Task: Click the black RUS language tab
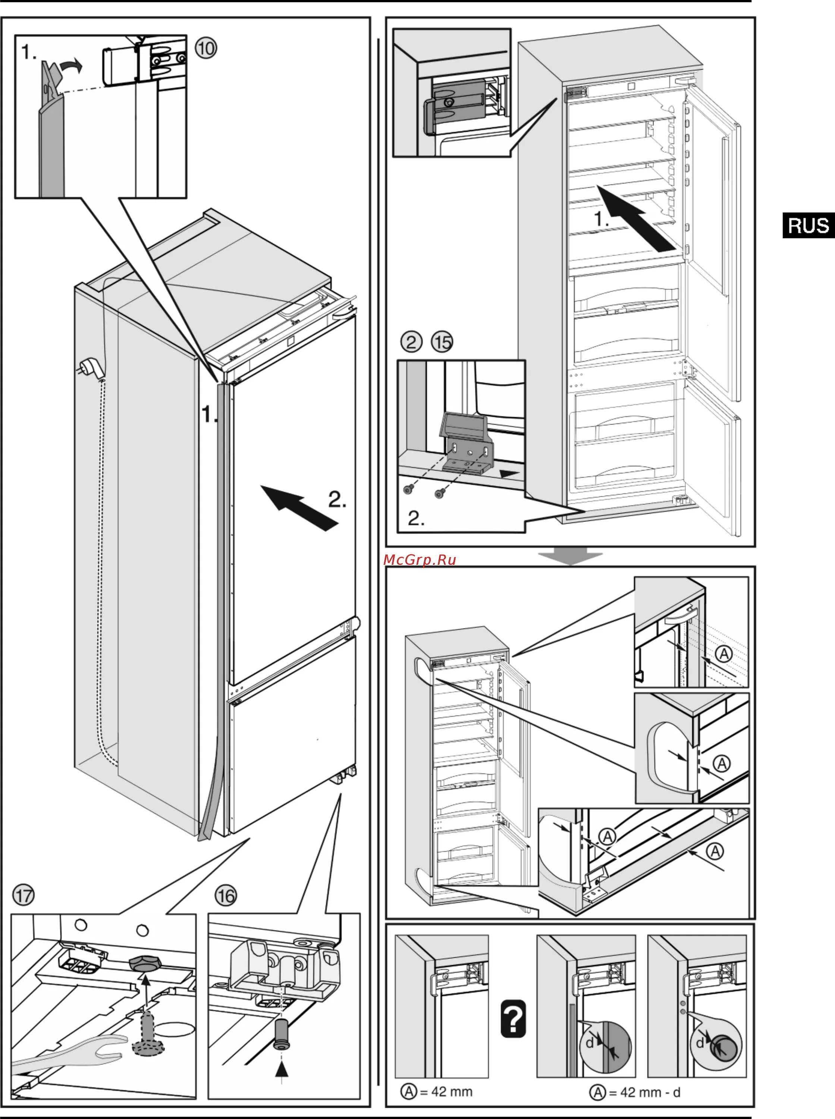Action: click(808, 225)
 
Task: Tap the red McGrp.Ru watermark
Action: click(420, 559)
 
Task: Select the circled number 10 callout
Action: click(206, 48)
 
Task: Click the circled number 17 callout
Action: click(23, 895)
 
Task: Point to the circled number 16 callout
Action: click(226, 896)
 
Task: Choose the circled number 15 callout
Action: click(442, 342)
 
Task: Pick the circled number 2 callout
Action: click(411, 342)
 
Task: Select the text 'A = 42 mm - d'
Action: click(635, 1093)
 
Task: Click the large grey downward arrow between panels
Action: click(570, 556)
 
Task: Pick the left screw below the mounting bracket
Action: click(408, 489)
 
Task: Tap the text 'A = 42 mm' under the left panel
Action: click(437, 1092)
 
